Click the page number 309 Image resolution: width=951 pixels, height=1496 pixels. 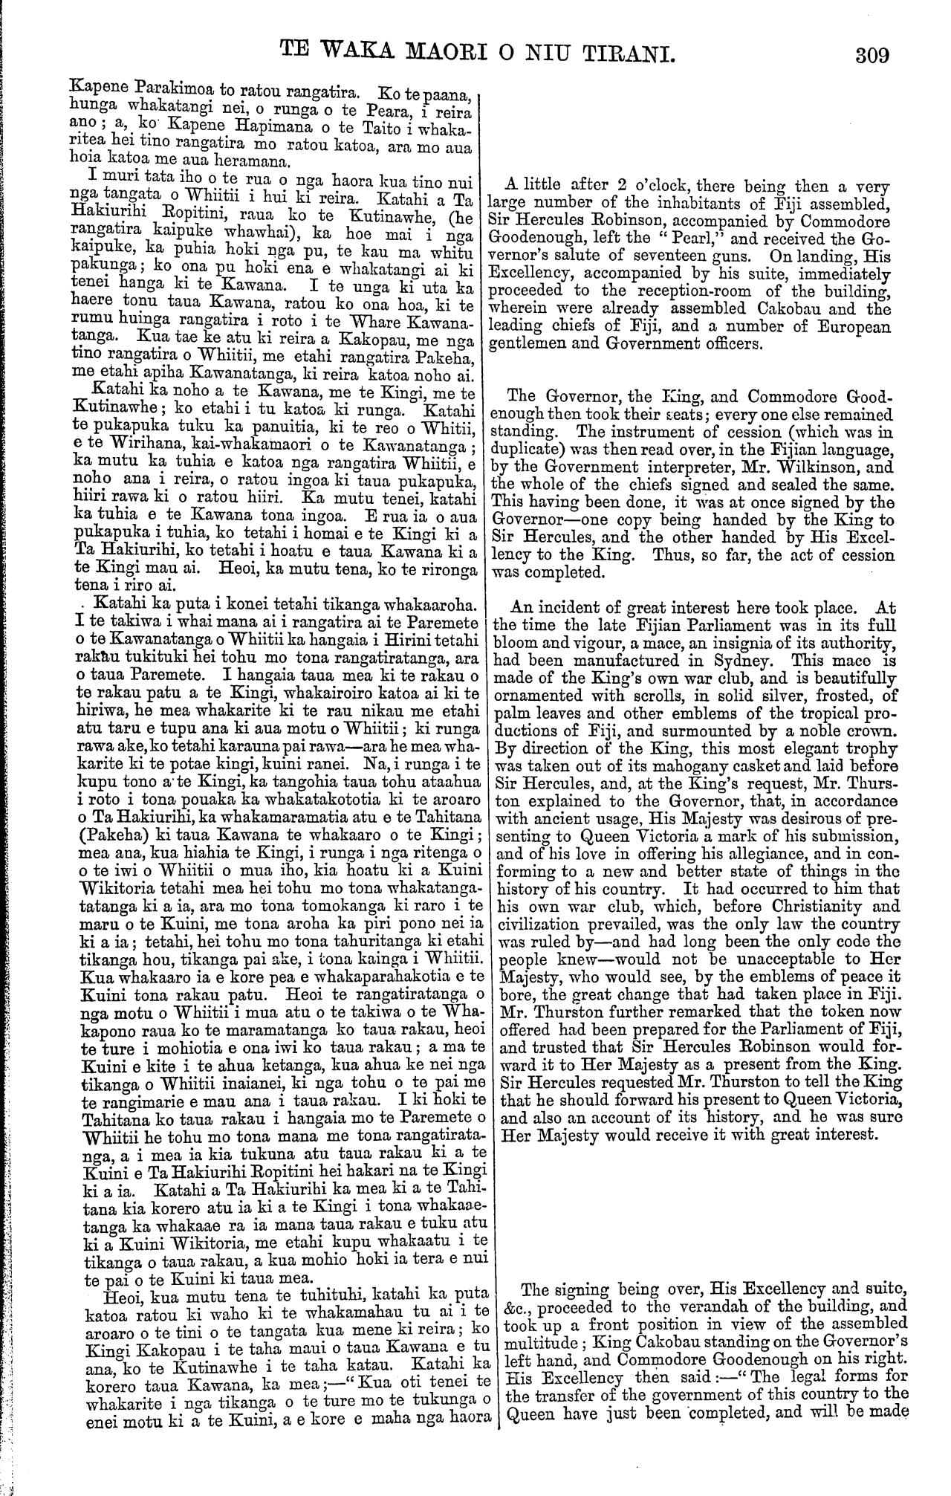coord(872,54)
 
